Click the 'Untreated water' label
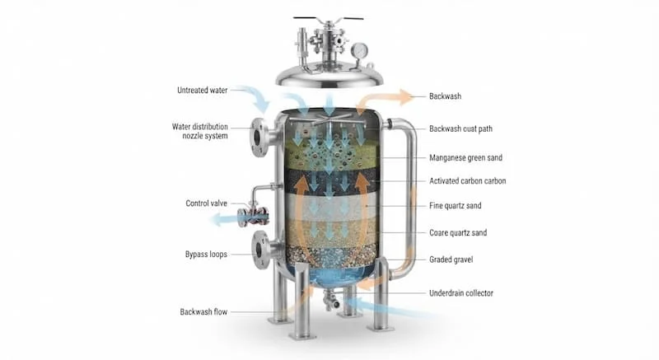coord(202,91)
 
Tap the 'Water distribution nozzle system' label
coord(200,131)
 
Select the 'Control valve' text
coord(207,203)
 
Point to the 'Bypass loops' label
coord(206,255)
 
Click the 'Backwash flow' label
coord(203,312)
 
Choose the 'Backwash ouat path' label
coord(460,129)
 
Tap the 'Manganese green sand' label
coord(465,158)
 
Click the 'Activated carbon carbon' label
coord(467,181)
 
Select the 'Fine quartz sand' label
coord(456,206)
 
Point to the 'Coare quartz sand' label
coord(458,232)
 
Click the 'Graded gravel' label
coord(451,259)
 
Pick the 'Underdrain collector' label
coord(461,293)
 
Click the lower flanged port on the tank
coord(259,250)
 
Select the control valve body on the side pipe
coord(252,215)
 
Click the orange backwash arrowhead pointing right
coord(406,97)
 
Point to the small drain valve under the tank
coord(332,301)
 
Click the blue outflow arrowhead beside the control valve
coord(217,219)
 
